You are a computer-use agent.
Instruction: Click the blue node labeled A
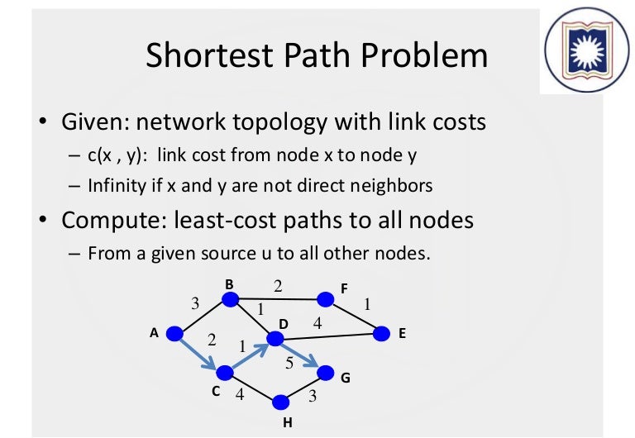pyautogui.click(x=174, y=334)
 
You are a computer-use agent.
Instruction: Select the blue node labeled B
pyautogui.click(x=230, y=298)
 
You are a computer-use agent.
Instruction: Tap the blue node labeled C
pyautogui.click(x=224, y=373)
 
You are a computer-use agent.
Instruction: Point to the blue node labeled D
pyautogui.click(x=273, y=337)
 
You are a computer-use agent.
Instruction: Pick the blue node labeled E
pyautogui.click(x=381, y=334)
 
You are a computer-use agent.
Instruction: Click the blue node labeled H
pyautogui.click(x=280, y=402)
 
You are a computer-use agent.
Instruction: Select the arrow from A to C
pyautogui.click(x=198, y=353)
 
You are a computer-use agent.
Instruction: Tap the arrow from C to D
pyautogui.click(x=249, y=355)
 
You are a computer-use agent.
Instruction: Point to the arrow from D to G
pyautogui.click(x=298, y=355)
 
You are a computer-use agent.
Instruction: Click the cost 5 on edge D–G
pyautogui.click(x=289, y=362)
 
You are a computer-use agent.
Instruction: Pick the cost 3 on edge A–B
pyautogui.click(x=195, y=303)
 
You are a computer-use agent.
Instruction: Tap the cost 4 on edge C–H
pyautogui.click(x=240, y=395)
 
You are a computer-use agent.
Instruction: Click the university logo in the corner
pyautogui.click(x=582, y=51)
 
